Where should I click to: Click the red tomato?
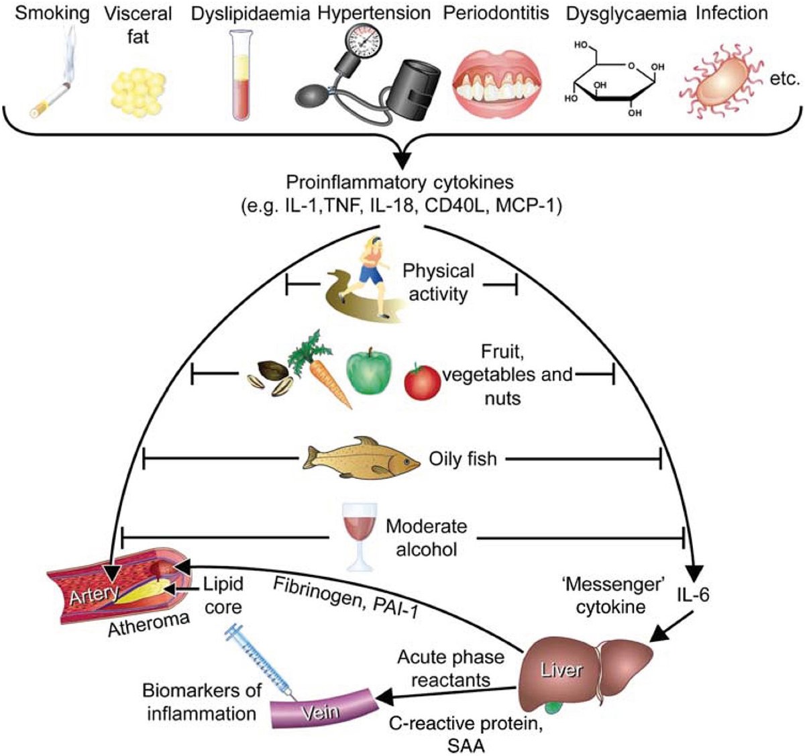pos(422,382)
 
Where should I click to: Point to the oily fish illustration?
pos(362,460)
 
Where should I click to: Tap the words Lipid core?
pos(223,596)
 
